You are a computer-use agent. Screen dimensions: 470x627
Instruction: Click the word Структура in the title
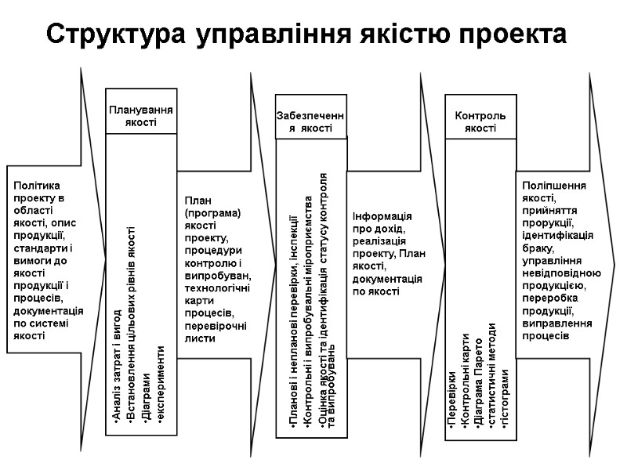pos(116,34)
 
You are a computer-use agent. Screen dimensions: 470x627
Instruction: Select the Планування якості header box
pos(140,116)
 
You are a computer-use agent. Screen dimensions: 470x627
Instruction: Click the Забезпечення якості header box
pos(310,121)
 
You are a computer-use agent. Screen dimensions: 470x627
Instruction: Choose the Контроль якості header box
pos(480,121)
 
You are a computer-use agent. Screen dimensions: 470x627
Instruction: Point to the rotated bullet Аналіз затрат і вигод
pos(117,369)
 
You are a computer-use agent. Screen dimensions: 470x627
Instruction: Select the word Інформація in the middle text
pos(383,216)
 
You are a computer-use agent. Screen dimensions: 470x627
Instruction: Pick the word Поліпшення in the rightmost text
pos(554,186)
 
